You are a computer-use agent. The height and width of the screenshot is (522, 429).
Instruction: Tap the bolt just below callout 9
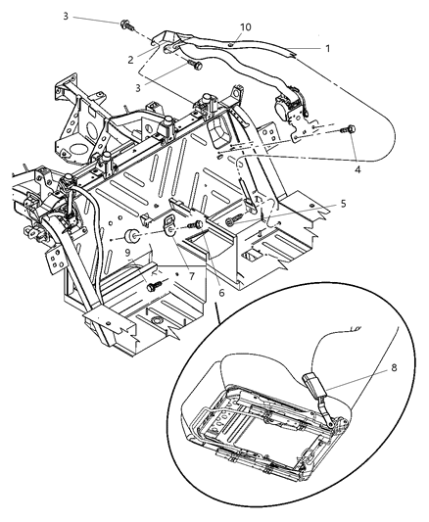click(153, 285)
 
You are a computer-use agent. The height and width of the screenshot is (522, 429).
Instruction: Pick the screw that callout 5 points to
click(232, 223)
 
